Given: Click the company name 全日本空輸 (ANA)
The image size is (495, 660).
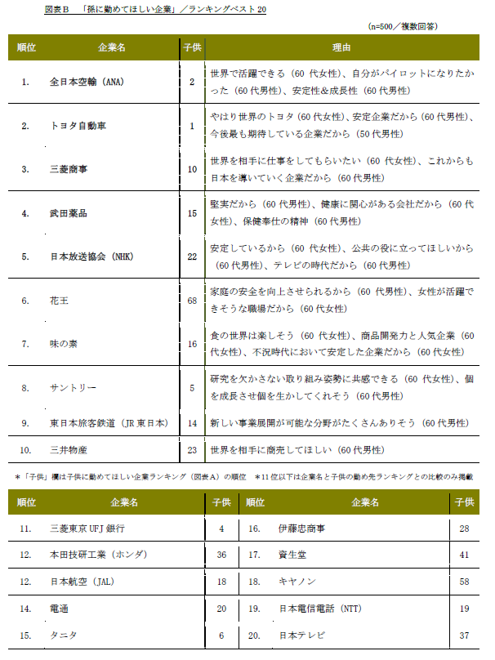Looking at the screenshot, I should coord(87,82).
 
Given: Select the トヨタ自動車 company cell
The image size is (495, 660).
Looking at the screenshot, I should coord(78,126).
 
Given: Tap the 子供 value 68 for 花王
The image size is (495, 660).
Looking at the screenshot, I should coord(192,301).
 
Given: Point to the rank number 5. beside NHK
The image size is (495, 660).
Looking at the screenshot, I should coord(25,256).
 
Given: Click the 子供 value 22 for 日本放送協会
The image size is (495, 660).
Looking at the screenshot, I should coord(192,256).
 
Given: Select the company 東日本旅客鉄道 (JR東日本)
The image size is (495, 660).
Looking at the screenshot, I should coord(108,423).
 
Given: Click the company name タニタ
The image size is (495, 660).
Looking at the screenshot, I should coord(62,635).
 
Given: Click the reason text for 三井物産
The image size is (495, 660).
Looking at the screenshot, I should coord(291,449).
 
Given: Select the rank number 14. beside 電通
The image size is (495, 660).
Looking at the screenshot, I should coord(25,609).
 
